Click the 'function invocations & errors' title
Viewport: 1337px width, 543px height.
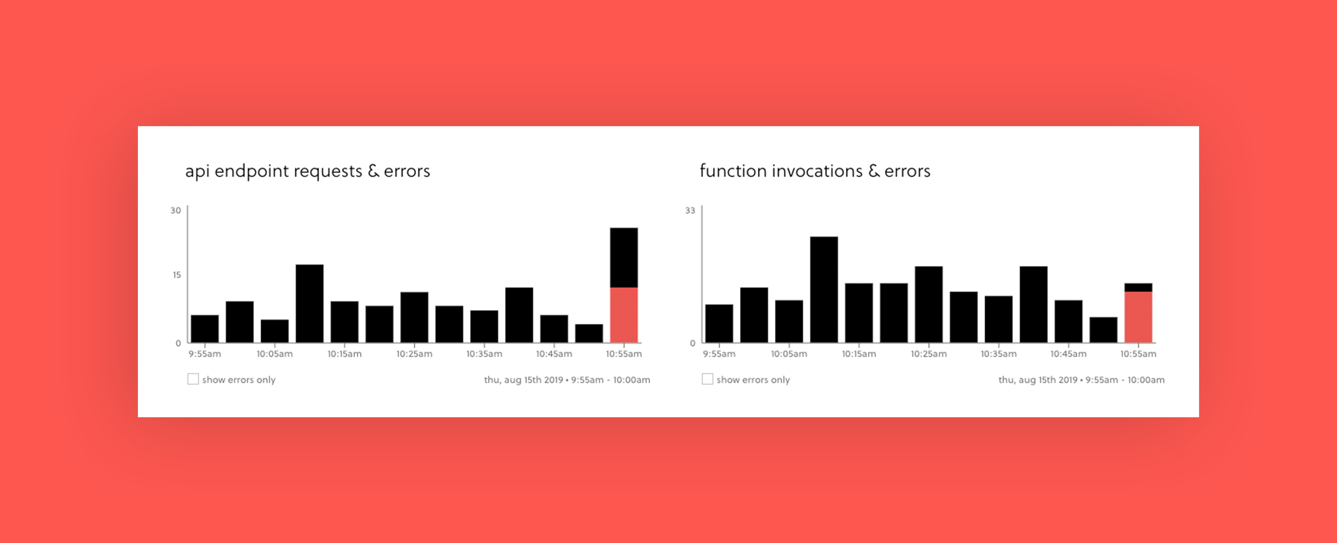coord(815,171)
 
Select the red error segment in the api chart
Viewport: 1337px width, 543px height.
coord(624,315)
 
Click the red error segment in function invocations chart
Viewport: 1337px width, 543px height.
coord(1138,317)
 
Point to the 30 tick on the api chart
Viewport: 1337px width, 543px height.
coord(176,210)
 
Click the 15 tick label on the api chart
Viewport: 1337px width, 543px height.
coord(176,274)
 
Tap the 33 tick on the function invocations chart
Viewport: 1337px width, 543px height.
coord(690,210)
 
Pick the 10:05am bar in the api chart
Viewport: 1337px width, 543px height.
coord(275,331)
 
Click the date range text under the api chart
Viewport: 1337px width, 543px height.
coord(567,380)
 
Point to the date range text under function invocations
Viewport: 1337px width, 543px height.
coord(1081,380)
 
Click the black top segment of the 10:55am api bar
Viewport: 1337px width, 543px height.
coord(624,257)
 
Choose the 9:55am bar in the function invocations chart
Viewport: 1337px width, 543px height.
coord(719,323)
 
